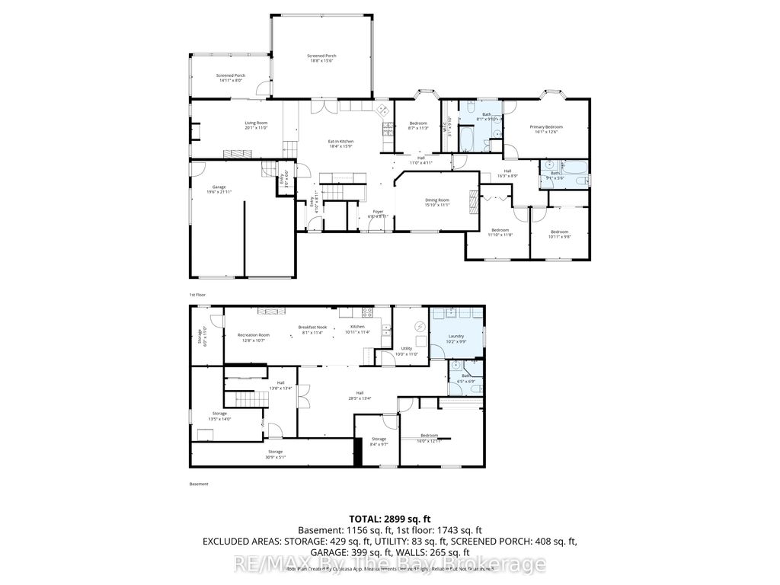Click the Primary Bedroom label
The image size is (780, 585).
coord(547,129)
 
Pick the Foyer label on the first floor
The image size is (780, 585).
coord(378,213)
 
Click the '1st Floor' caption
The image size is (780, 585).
coord(197,294)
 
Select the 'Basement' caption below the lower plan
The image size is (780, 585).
coord(198,484)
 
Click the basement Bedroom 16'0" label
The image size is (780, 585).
coord(430,437)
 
